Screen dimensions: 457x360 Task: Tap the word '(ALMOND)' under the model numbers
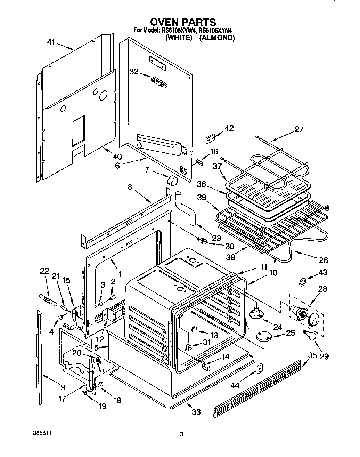pos(217,38)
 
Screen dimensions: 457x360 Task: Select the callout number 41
pos(51,42)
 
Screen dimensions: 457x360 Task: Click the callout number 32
pos(134,72)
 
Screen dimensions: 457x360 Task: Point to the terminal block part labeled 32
pos(158,82)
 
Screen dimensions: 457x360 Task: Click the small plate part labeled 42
pos(210,139)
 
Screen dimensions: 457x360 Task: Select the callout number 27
pos(298,129)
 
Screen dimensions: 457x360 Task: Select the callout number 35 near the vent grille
pos(312,355)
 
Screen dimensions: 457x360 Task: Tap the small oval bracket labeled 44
pos(260,368)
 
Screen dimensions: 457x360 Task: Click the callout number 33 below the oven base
pos(196,412)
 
